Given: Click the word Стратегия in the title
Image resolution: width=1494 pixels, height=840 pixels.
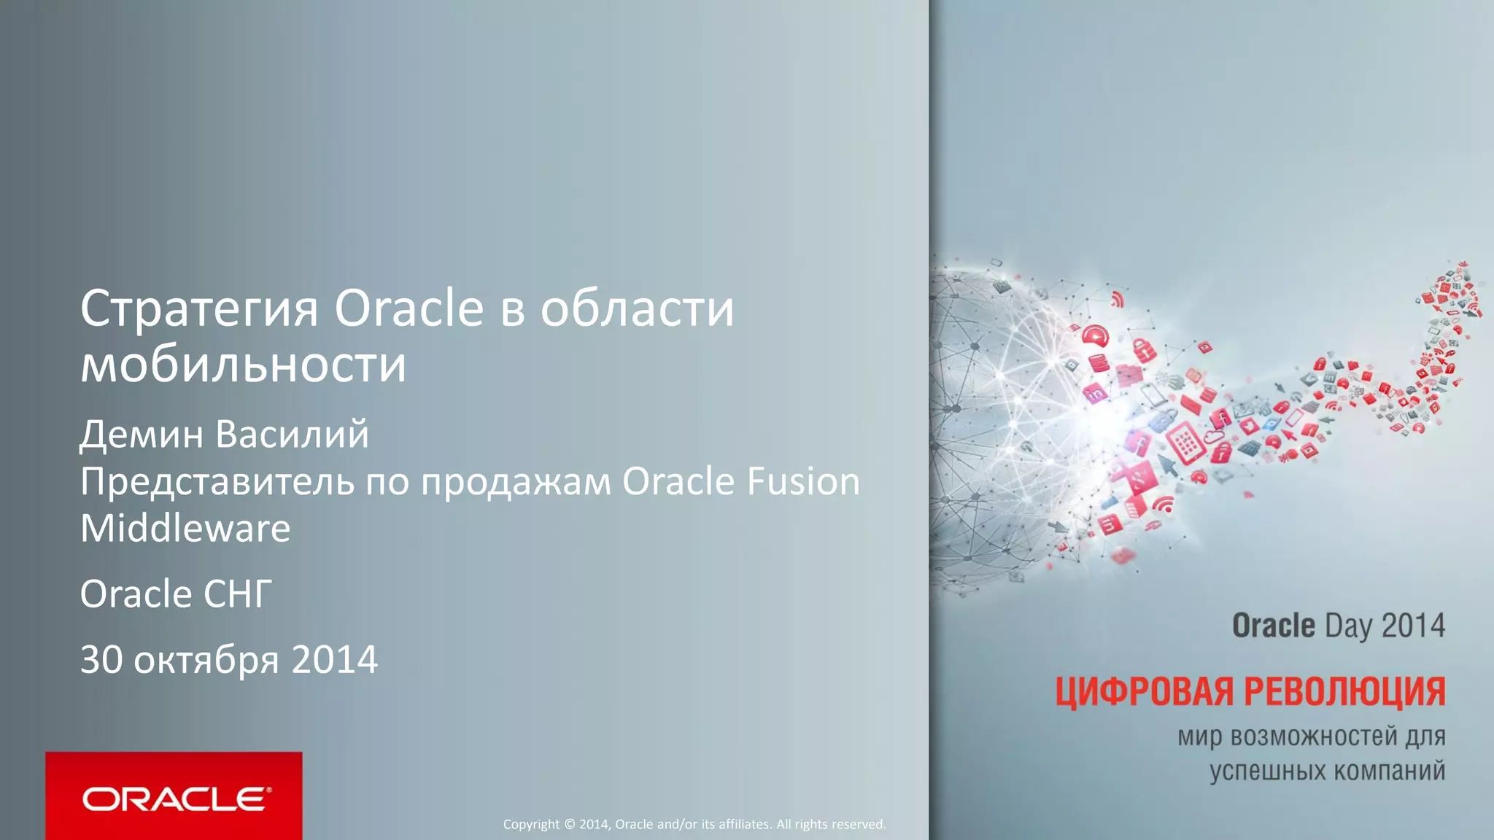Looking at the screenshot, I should [x=198, y=310].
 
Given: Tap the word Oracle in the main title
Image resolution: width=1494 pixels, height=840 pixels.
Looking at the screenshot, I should [x=409, y=308].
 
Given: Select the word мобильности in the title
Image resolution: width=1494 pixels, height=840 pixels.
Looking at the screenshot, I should [x=243, y=365].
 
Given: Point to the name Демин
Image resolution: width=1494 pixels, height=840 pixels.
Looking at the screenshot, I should [x=142, y=435].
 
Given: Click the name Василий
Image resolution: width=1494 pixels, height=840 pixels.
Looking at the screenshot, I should [x=293, y=435].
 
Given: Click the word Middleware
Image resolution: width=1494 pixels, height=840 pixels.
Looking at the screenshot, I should [x=185, y=528].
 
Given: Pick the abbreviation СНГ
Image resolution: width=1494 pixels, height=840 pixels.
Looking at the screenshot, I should [x=238, y=594].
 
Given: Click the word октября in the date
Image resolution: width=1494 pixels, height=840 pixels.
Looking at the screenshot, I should [x=206, y=661].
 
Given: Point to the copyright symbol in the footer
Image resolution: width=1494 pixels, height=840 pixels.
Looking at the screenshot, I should [x=570, y=825].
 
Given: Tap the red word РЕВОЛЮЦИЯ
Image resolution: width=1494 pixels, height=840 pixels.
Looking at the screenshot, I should [x=1344, y=692].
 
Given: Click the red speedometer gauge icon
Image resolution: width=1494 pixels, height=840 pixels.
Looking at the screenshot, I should [x=1095, y=336].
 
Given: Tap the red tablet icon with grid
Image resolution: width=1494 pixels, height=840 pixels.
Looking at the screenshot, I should [x=1185, y=443].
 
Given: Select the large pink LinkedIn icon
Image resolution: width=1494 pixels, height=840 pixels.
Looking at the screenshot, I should [x=1094, y=394].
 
